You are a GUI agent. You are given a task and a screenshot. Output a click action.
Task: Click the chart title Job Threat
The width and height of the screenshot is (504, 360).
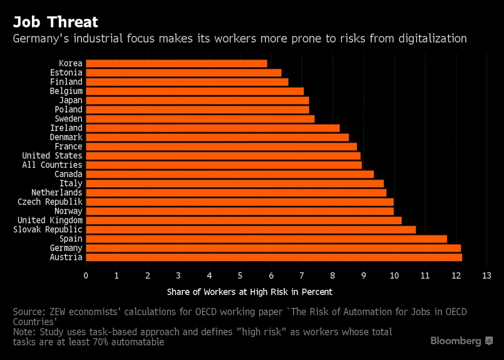point(56,22)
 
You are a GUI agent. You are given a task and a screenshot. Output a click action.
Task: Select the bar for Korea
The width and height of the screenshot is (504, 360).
point(176,63)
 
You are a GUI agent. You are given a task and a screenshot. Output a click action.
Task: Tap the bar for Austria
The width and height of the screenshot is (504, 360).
point(274,257)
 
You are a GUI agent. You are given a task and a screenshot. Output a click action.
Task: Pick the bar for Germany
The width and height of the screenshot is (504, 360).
point(273,248)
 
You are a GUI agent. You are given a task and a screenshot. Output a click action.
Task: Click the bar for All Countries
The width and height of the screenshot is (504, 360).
point(224,165)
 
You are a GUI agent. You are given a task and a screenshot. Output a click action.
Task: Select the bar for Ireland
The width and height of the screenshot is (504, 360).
point(212,128)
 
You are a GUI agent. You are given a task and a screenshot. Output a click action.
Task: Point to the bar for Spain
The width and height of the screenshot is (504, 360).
point(266,239)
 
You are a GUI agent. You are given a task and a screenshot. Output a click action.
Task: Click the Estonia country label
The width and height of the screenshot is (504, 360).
point(66,73)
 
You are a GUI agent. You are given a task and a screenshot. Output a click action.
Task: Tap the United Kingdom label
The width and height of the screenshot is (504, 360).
point(49,220)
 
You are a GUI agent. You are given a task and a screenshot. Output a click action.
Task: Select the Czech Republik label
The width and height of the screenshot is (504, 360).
point(49,202)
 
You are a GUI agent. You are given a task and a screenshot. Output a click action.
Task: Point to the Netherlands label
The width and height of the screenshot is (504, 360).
point(56,193)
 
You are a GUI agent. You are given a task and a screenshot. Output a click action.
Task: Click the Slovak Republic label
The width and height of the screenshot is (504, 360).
point(48,230)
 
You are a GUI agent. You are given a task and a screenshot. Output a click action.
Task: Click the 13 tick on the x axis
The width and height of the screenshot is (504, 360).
point(486,275)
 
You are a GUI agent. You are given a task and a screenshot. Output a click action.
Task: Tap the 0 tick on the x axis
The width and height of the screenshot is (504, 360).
point(86,275)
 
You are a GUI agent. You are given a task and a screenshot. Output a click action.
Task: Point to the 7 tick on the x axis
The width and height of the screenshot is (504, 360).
point(302,275)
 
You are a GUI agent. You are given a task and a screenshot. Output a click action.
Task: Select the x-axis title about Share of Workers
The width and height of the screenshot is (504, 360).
point(250,292)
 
